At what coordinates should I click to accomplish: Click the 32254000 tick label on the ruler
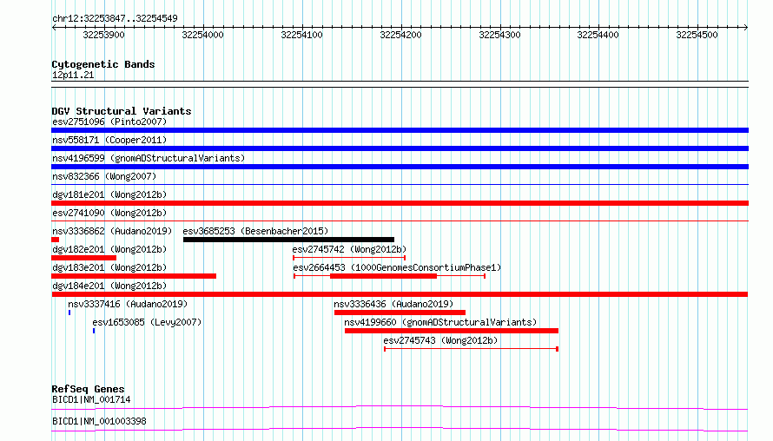202,35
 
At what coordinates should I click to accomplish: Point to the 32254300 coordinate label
499,35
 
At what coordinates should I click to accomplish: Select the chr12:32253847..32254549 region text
115,19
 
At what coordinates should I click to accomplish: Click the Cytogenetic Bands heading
103,64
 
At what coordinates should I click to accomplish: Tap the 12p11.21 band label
73,75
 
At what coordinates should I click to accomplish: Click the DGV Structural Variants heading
122,111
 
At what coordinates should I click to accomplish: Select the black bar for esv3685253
288,240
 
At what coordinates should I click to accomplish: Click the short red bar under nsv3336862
56,240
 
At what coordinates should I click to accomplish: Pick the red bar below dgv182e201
83,258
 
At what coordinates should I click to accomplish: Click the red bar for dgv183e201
134,276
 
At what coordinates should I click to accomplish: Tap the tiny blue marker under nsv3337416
69,313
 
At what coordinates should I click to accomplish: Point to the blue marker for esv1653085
94,331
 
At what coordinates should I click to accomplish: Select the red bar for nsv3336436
400,313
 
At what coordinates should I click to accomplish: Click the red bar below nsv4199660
452,331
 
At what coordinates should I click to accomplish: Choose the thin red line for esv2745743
471,349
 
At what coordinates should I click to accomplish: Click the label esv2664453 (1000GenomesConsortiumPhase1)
397,267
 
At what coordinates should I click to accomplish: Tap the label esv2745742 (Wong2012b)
349,249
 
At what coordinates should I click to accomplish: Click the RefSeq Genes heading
89,389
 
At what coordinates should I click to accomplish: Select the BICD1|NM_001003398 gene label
99,421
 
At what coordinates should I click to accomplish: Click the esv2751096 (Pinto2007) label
109,122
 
